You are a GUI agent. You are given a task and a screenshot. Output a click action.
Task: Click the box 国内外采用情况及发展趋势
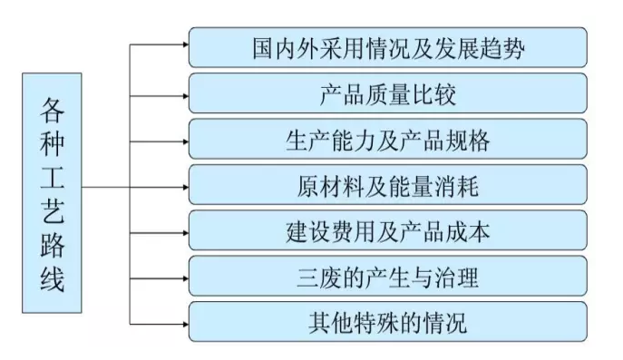pyautogui.click(x=387, y=47)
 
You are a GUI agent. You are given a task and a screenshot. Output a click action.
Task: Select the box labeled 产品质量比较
pyautogui.click(x=387, y=93)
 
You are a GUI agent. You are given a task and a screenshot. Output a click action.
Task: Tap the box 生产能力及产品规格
pyautogui.click(x=387, y=141)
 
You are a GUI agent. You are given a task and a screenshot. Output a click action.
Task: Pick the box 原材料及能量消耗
pyautogui.click(x=387, y=187)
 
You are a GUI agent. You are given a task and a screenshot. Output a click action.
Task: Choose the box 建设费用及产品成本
pyautogui.click(x=387, y=231)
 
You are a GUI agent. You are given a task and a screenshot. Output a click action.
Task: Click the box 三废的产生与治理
pyautogui.click(x=387, y=275)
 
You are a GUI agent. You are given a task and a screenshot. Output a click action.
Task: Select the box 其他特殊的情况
pyautogui.click(x=387, y=321)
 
